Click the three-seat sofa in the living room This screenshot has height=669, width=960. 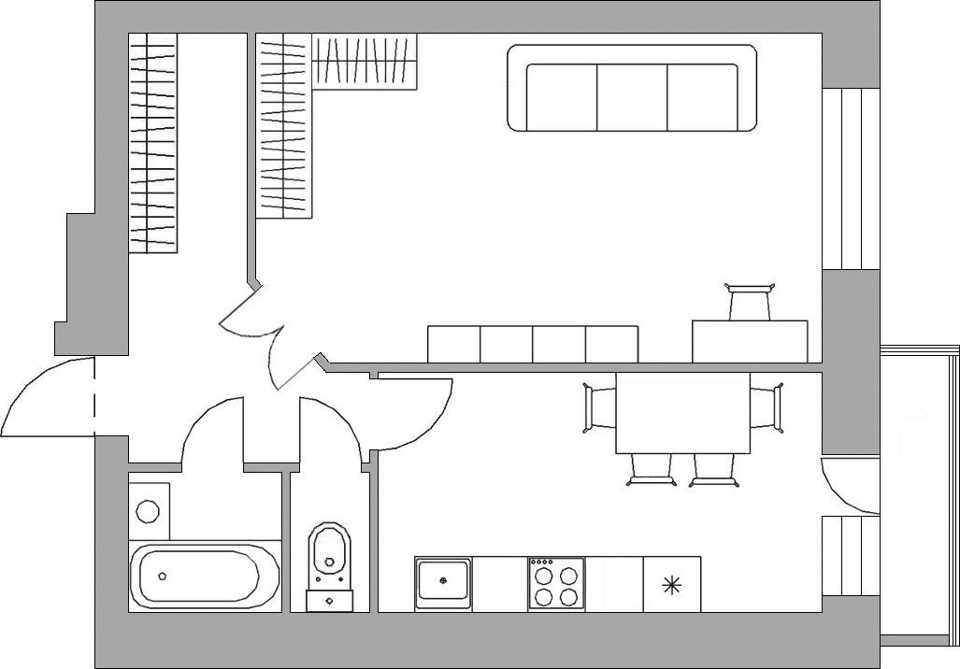pyautogui.click(x=632, y=90)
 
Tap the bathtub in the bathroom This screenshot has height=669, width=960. pyautogui.click(x=204, y=576)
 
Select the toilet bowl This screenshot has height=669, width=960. pyautogui.click(x=329, y=551)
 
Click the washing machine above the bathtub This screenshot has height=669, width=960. pyautogui.click(x=149, y=510)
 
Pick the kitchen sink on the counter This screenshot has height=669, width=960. pyautogui.click(x=443, y=583)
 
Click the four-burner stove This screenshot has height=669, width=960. pyautogui.click(x=556, y=584)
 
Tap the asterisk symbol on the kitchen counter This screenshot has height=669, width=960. pyautogui.click(x=671, y=586)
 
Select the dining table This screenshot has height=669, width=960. pyautogui.click(x=683, y=413)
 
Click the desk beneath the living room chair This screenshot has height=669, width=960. pyautogui.click(x=750, y=341)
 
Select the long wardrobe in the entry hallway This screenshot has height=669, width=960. pyautogui.click(x=152, y=143)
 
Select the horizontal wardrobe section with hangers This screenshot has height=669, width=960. pyautogui.click(x=365, y=62)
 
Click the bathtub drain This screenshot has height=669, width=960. pyautogui.click(x=163, y=576)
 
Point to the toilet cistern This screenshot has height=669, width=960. pyautogui.click(x=329, y=597)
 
